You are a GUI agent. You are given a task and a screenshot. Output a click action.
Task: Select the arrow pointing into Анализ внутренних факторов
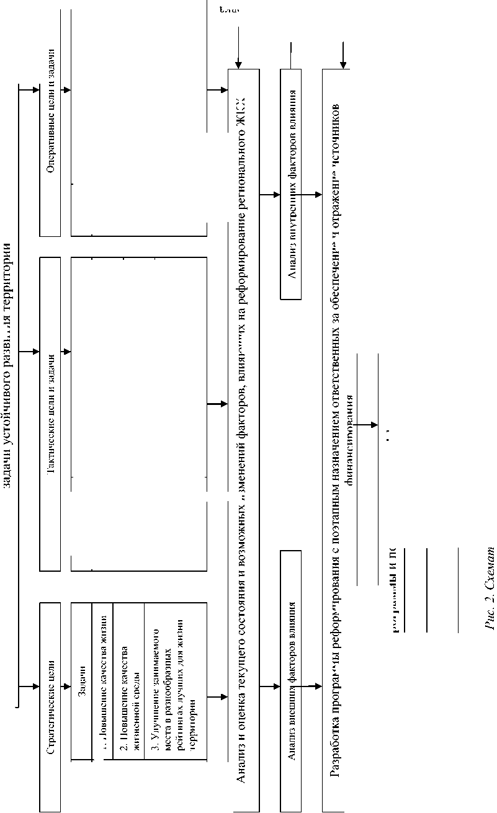point(273,195)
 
